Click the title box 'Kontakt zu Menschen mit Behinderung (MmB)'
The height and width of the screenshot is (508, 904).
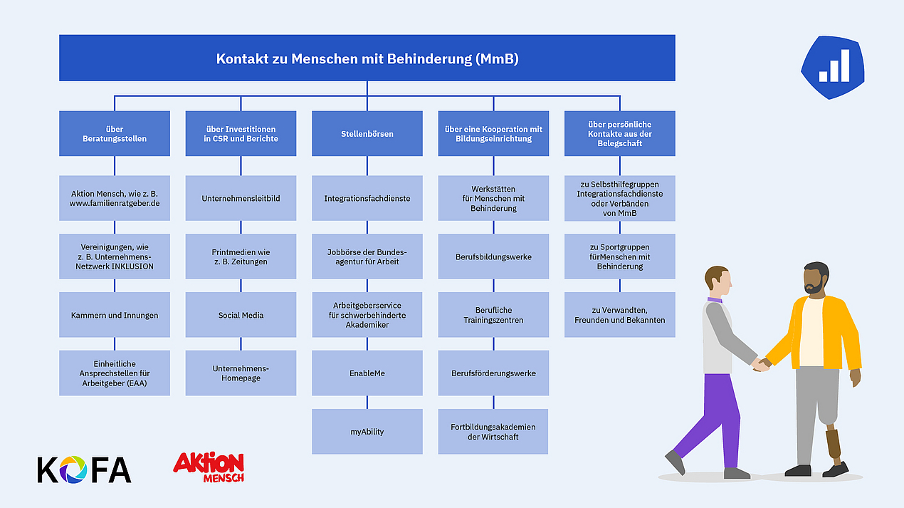[x=367, y=58]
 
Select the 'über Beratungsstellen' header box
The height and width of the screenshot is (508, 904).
[x=115, y=133]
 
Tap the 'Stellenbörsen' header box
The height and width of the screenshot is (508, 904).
[x=367, y=133]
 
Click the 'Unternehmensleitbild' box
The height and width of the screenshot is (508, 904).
[x=241, y=198]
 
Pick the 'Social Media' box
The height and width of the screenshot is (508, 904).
[x=241, y=315]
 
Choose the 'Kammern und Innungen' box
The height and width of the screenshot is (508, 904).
[x=115, y=315]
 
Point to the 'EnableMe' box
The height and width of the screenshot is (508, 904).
[x=367, y=373]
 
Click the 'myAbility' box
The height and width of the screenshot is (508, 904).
[x=367, y=432]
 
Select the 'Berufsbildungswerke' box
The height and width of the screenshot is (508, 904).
[x=493, y=256]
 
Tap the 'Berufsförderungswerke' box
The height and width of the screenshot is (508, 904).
[x=493, y=373]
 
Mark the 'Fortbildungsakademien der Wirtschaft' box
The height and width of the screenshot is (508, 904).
[x=493, y=432]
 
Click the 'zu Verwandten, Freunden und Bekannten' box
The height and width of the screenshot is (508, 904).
[x=620, y=315]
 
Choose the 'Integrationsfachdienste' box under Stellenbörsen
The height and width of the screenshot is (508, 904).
[x=367, y=198]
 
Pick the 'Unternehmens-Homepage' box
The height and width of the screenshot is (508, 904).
[x=241, y=373]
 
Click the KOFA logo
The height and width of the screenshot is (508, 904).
[x=84, y=470]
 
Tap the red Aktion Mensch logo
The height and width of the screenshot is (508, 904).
[x=209, y=467]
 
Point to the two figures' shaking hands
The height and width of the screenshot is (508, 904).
[x=762, y=364]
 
